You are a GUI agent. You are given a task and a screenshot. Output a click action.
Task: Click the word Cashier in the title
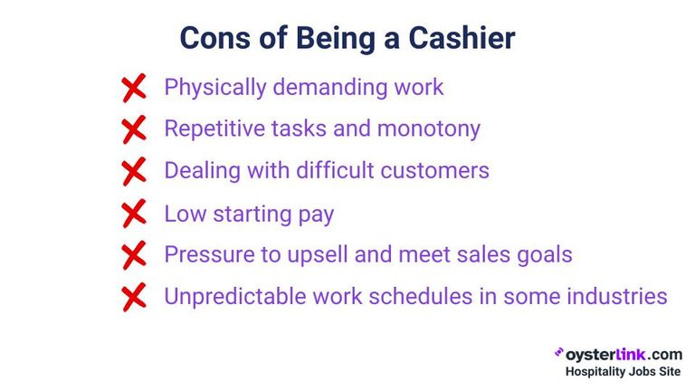(x=458, y=38)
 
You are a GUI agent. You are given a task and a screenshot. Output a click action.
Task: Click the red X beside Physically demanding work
(x=133, y=88)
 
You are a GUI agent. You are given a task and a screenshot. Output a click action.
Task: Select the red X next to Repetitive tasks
(x=133, y=129)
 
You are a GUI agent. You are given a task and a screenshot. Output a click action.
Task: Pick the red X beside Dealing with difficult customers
(x=133, y=171)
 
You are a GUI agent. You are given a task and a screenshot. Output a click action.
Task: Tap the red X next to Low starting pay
(x=133, y=215)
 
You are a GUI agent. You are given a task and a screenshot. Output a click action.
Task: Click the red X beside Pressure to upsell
(x=133, y=255)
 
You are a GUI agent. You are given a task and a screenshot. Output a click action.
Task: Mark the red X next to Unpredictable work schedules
(x=133, y=297)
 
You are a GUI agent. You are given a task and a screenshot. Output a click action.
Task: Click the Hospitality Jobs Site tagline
(x=623, y=372)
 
